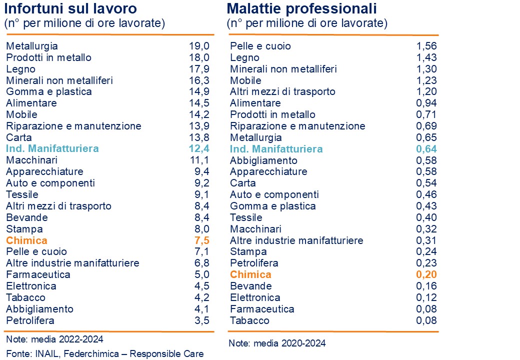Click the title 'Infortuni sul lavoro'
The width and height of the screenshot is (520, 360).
tap(70, 8)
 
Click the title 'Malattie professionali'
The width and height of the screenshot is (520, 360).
tap(301, 8)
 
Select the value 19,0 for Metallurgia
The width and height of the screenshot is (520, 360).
tap(199, 46)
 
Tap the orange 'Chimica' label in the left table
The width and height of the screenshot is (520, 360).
tap(26, 240)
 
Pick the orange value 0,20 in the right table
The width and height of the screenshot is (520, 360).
tap(426, 274)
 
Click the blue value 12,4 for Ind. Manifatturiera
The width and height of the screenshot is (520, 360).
tap(198, 148)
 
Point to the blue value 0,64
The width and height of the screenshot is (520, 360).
tap(426, 149)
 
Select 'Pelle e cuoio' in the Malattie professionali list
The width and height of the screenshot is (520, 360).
tap(260, 46)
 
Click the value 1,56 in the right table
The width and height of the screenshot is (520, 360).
tap(426, 46)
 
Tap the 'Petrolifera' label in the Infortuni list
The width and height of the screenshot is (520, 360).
tap(30, 320)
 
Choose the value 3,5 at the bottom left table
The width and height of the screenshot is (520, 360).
tap(201, 320)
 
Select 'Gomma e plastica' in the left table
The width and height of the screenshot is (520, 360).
tap(49, 91)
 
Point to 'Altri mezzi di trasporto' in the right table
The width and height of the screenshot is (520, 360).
tap(282, 91)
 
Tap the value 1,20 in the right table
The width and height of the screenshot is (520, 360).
tap(426, 91)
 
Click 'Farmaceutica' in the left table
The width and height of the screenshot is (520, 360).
tap(38, 274)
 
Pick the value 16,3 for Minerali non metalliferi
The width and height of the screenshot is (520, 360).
tap(199, 80)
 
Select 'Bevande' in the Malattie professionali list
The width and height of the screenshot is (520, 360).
tap(251, 286)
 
